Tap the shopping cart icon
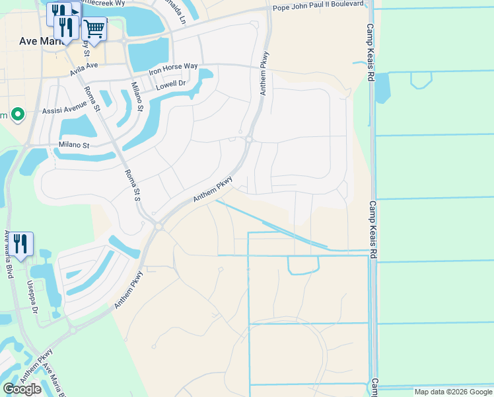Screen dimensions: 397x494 (94, 29)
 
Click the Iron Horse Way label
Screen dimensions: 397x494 (173, 68)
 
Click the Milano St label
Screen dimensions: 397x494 (66, 145)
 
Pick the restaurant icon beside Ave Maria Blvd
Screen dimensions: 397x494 (20, 243)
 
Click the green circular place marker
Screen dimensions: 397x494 (17, 115)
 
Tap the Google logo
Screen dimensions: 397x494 (22, 388)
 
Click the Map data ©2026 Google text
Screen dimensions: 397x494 (452, 392)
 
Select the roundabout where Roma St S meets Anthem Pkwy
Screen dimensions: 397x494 (159, 226)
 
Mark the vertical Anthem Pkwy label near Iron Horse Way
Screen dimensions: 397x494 (264, 73)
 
